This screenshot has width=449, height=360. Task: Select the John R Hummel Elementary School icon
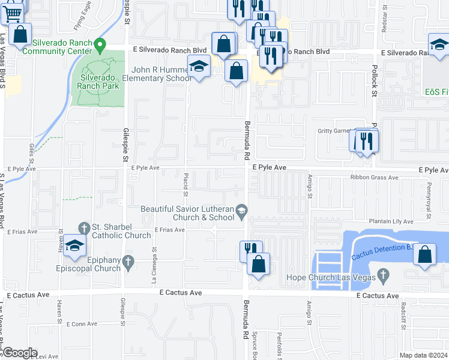click(198, 67)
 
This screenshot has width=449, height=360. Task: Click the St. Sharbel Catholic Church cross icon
click(85, 227)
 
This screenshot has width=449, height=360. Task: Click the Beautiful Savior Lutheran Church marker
click(241, 209)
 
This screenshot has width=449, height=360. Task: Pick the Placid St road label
click(185, 189)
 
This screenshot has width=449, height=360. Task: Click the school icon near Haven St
click(75, 246)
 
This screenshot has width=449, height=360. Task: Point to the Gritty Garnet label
click(334, 131)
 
